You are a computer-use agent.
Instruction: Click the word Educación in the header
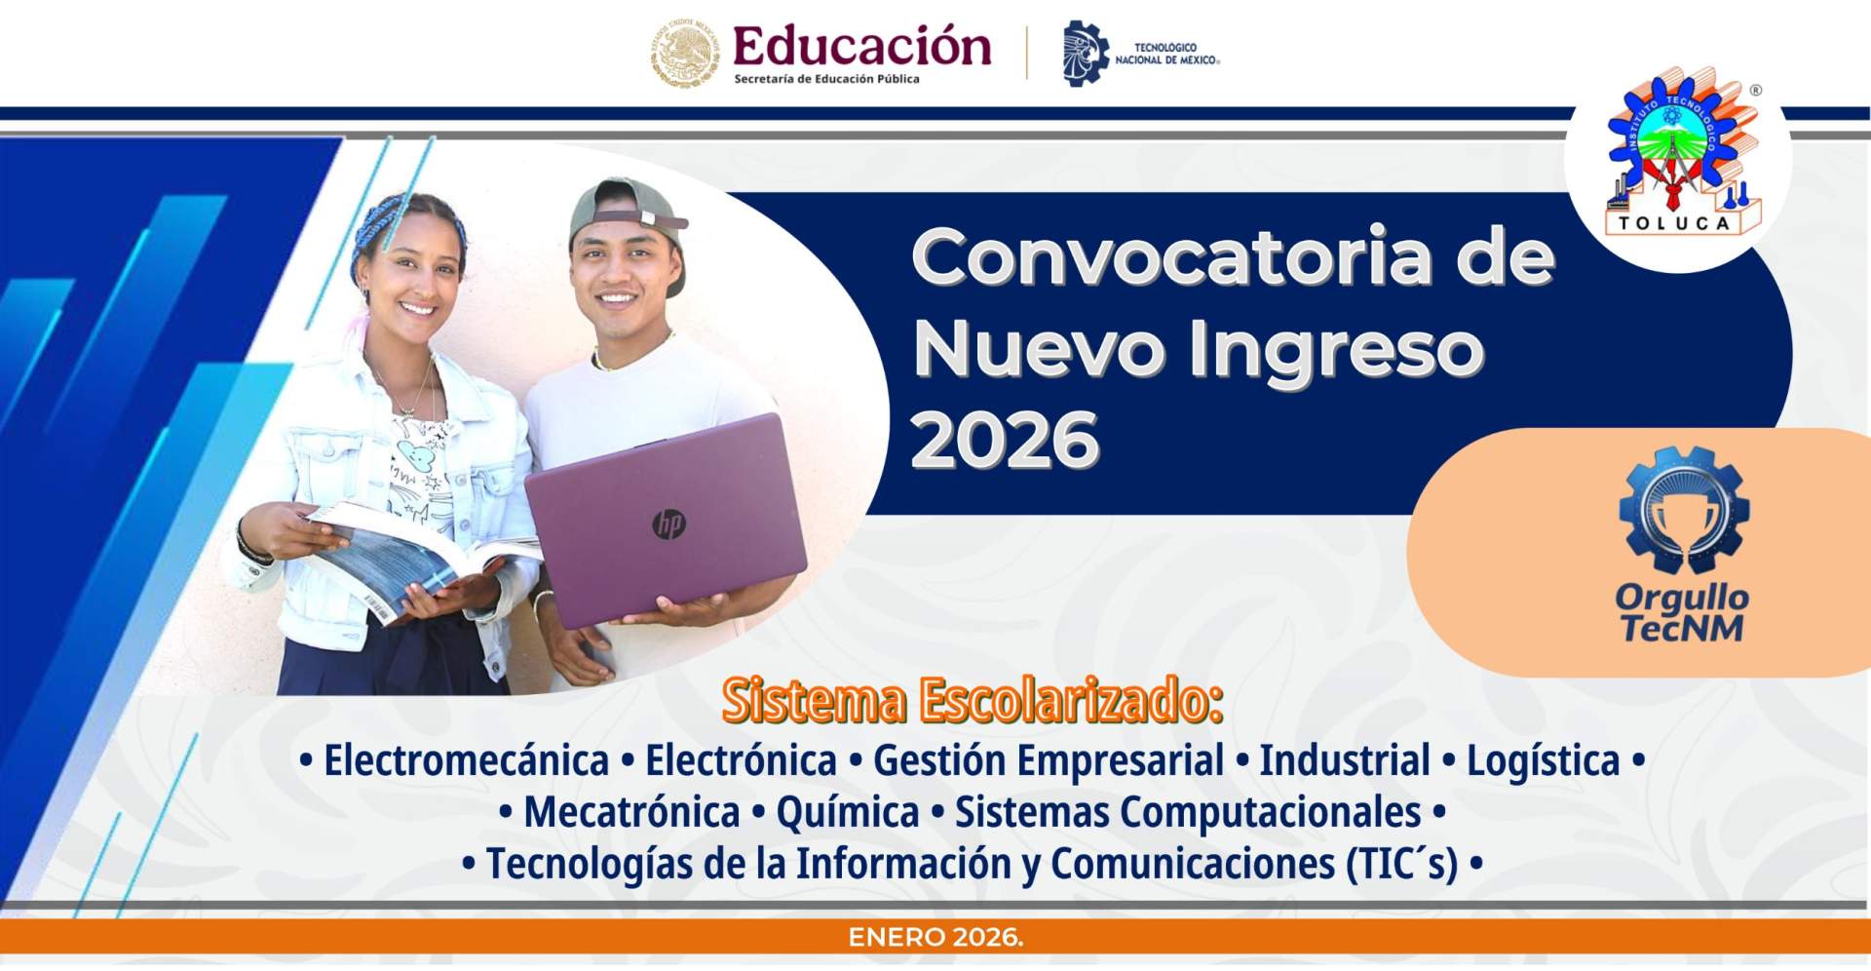[861, 47]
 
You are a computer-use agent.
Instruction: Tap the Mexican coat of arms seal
[685, 53]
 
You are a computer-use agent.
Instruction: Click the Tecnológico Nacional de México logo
[1139, 54]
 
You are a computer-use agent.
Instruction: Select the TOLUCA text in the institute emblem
[1674, 223]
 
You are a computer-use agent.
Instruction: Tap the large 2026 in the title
[1005, 440]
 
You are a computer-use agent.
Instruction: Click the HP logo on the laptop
[669, 524]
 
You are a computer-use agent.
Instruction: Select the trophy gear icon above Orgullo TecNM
[1683, 510]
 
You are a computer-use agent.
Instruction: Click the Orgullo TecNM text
[1682, 613]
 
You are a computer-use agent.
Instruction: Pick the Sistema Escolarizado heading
[972, 700]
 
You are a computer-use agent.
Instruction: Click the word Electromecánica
[466, 760]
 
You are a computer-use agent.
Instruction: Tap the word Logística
[1543, 760]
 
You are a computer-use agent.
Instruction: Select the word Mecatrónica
[631, 812]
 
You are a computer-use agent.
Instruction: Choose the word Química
[847, 812]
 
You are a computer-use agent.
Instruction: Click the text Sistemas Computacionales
[1187, 812]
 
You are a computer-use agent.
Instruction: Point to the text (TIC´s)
[1401, 864]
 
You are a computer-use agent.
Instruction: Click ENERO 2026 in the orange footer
[935, 938]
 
